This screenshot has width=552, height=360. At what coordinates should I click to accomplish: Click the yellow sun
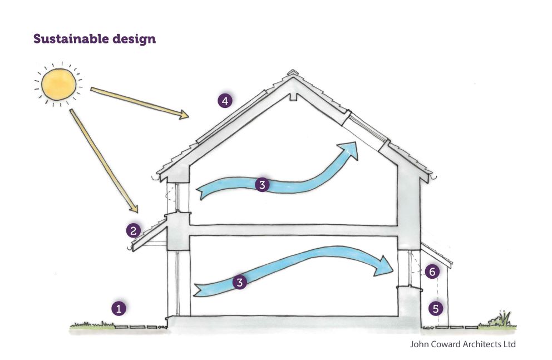click(x=58, y=85)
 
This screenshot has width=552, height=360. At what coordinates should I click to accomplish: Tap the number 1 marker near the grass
click(x=119, y=309)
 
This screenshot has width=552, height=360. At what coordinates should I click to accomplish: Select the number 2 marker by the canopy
click(x=133, y=231)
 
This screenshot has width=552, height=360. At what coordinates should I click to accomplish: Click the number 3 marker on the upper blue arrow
click(x=262, y=185)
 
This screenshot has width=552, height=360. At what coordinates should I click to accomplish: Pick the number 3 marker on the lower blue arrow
click(x=240, y=282)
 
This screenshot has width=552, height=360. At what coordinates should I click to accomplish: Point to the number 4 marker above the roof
click(x=225, y=101)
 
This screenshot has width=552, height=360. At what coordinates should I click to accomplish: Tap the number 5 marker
click(x=436, y=309)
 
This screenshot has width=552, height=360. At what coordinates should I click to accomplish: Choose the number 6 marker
click(x=432, y=272)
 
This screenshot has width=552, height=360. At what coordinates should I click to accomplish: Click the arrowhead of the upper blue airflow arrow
click(x=348, y=150)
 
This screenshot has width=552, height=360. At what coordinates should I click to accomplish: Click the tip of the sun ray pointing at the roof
click(x=188, y=116)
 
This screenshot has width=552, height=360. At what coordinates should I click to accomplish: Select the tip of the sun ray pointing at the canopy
click(x=136, y=212)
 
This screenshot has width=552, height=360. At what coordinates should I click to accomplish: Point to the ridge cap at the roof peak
click(x=292, y=73)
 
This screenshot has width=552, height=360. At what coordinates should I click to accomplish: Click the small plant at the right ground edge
click(x=499, y=319)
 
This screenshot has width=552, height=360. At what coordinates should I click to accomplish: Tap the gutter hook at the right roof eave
click(x=434, y=177)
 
